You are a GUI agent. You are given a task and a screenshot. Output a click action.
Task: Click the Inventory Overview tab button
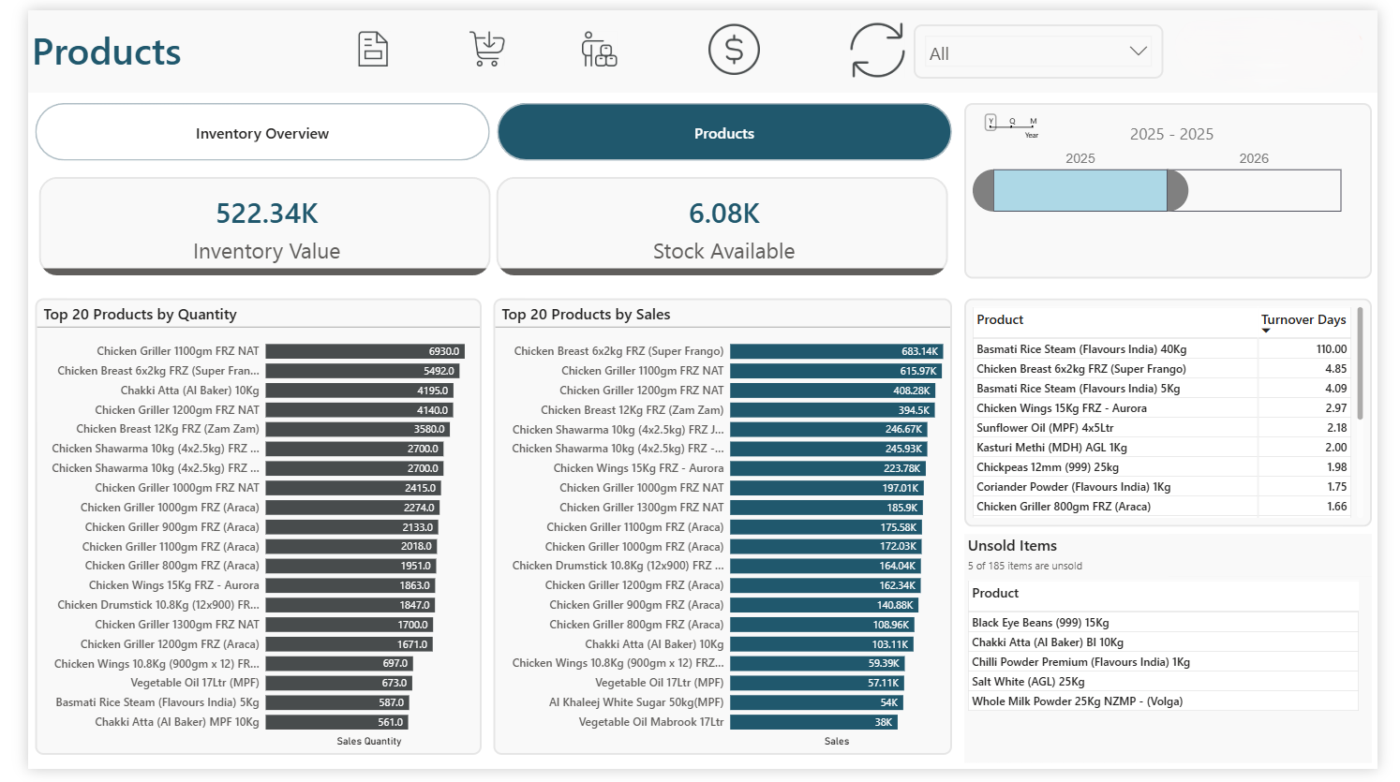pyautogui.click(x=262, y=133)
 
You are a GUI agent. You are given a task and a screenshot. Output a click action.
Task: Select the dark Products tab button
pyautogui.click(x=723, y=133)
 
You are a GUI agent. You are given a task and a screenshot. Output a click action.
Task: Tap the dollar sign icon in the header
pyautogui.click(x=734, y=50)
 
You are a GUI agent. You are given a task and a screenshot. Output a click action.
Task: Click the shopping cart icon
pyautogui.click(x=486, y=49)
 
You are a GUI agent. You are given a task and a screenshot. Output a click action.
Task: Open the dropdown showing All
pyautogui.click(x=1037, y=52)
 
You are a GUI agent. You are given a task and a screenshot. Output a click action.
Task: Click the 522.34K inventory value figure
pyautogui.click(x=267, y=214)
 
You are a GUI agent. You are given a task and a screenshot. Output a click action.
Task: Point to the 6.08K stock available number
pyautogui.click(x=723, y=214)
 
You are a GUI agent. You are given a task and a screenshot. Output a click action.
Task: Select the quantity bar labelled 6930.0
pyautogui.click(x=365, y=351)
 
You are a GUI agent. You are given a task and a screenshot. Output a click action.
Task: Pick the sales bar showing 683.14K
pyautogui.click(x=836, y=351)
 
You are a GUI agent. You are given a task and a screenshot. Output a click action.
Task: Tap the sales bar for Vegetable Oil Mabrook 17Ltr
pyautogui.click(x=813, y=722)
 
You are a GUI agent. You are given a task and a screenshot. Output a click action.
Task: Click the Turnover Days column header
pyautogui.click(x=1303, y=320)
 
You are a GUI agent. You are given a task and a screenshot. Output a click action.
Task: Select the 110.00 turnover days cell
pyautogui.click(x=1331, y=349)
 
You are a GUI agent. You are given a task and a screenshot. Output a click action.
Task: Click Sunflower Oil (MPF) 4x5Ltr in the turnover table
pyautogui.click(x=1045, y=428)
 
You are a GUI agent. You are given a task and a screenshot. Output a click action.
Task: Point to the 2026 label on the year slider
pyautogui.click(x=1253, y=158)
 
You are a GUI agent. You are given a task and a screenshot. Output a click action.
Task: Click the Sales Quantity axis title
pyautogui.click(x=369, y=741)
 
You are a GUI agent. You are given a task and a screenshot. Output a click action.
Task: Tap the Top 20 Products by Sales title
pyautogui.click(x=586, y=315)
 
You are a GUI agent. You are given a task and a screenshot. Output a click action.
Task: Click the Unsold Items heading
pyautogui.click(x=1012, y=546)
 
